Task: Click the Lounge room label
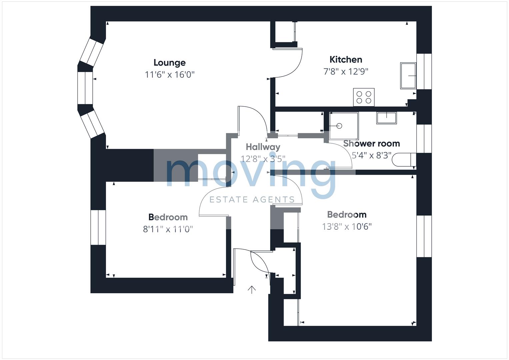point(170,63)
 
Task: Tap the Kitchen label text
point(346,60)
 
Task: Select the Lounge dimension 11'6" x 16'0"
point(170,75)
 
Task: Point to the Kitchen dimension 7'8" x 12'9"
point(346,72)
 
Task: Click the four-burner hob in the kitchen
point(364,97)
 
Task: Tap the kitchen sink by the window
point(408,76)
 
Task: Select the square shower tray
point(344,126)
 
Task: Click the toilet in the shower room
point(404,160)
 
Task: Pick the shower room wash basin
point(386,118)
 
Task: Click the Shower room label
point(371,144)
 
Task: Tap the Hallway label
point(263,147)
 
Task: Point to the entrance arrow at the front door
point(252,290)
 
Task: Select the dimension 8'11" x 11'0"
point(168,229)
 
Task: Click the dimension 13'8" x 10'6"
point(347,227)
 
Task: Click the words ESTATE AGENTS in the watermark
point(252,200)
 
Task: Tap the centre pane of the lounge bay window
point(85,88)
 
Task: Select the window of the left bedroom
point(98,227)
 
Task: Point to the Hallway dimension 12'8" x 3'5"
point(263,159)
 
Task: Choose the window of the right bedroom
point(424,236)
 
